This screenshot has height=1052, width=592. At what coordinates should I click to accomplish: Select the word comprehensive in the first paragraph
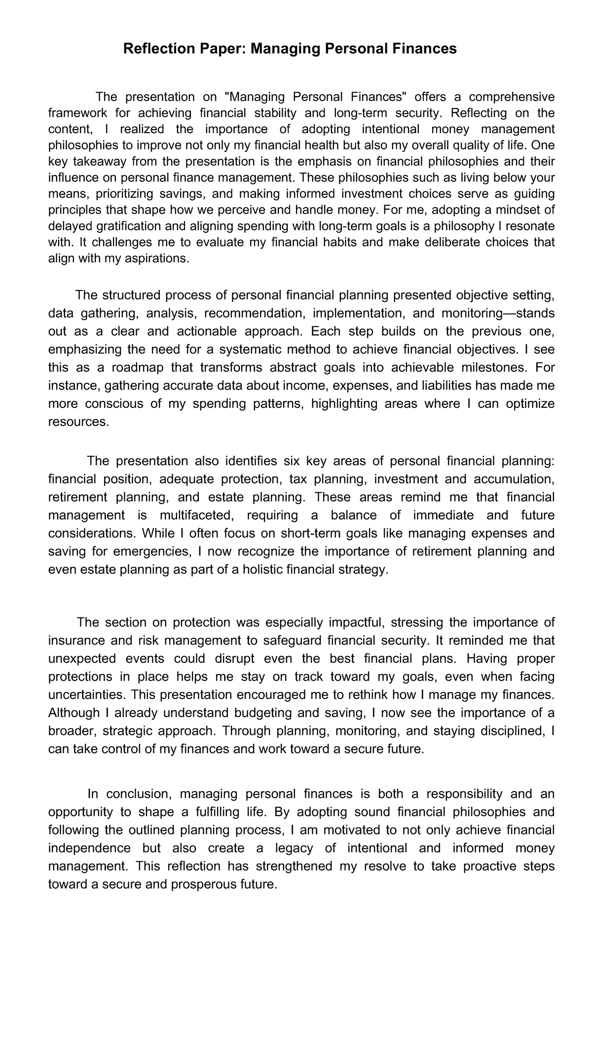click(512, 96)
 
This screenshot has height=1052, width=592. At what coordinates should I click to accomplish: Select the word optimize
click(528, 404)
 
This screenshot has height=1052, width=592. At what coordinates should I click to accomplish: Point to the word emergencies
click(158, 551)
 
